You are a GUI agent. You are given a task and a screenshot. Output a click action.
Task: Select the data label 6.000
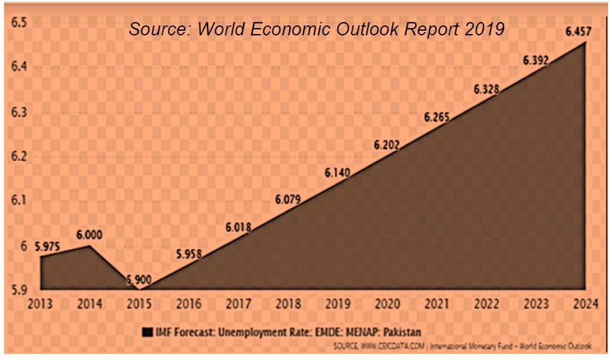point(89,235)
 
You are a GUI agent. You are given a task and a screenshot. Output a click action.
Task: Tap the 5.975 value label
point(47,246)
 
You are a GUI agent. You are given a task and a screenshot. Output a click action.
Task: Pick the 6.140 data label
point(338,172)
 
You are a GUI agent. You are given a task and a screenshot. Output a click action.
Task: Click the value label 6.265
point(436,117)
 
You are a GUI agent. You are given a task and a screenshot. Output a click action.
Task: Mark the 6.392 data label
point(535,60)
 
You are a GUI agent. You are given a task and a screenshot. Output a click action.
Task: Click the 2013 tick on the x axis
point(40,305)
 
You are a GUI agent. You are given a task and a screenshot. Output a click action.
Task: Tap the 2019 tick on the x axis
point(338,305)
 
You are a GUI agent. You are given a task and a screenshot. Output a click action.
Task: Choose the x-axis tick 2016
point(189,305)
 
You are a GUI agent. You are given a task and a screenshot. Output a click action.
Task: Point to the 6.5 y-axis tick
point(18,23)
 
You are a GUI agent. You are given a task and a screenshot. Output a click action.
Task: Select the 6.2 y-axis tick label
point(18,156)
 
